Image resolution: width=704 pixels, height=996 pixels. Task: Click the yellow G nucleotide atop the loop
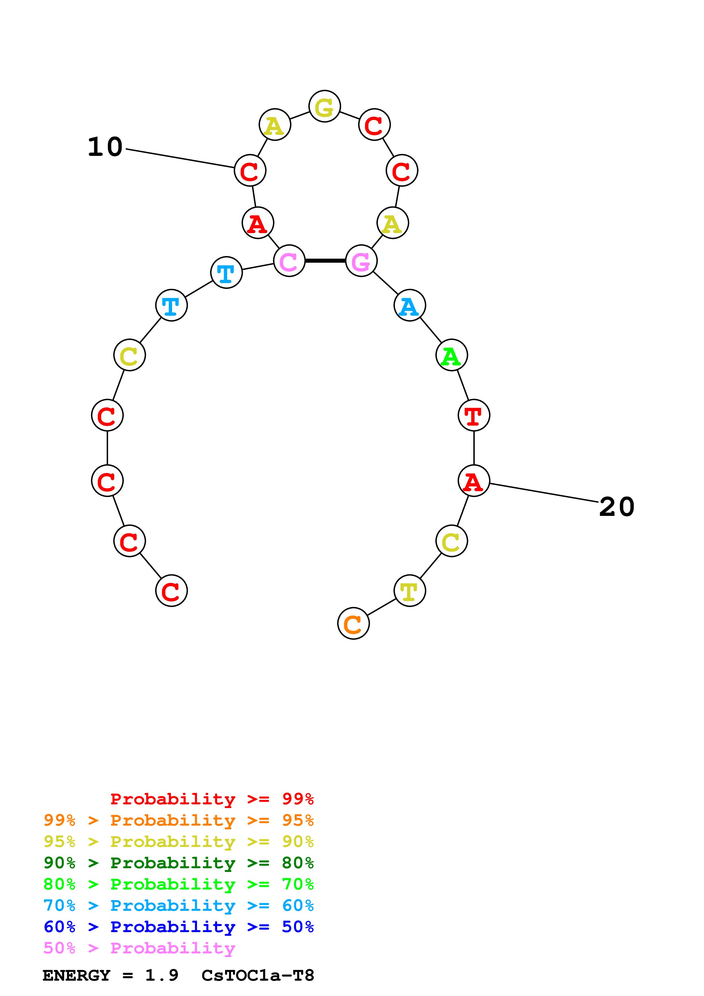click(325, 106)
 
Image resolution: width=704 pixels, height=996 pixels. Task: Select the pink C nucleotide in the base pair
click(289, 261)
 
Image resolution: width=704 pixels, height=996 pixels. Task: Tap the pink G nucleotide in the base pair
click(361, 261)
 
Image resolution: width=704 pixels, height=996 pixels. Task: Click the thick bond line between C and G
click(325, 261)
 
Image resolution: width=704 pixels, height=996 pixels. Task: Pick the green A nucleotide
click(452, 355)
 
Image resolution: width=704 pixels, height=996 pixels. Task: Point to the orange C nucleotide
click(353, 623)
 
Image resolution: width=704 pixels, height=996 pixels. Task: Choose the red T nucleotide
click(474, 415)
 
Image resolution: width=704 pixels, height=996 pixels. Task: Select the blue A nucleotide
click(410, 306)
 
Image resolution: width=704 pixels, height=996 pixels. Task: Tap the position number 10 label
click(105, 147)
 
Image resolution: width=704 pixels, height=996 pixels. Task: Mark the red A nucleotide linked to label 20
click(474, 481)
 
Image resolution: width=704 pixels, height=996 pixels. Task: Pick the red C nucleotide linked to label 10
click(250, 170)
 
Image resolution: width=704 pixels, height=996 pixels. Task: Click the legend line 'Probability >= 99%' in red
click(212, 799)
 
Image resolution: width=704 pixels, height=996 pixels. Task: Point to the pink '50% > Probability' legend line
click(139, 948)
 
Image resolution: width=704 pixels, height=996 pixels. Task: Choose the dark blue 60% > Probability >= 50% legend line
click(178, 927)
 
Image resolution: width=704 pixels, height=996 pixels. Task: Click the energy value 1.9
click(161, 975)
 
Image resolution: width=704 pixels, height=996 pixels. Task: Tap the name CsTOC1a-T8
click(258, 975)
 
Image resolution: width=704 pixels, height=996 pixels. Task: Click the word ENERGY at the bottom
click(76, 975)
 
